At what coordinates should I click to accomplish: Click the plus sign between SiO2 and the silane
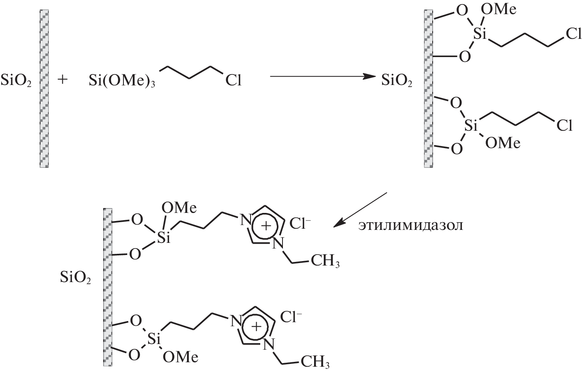[62, 80]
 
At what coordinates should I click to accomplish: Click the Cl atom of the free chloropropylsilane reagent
[233, 80]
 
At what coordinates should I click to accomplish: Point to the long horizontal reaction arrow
[323, 76]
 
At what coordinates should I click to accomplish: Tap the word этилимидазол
[410, 225]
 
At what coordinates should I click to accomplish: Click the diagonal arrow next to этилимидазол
[360, 210]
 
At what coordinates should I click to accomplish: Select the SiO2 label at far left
[16, 80]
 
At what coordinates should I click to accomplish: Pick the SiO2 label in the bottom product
[75, 277]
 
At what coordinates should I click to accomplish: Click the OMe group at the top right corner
[498, 10]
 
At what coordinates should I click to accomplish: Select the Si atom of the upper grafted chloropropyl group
[480, 34]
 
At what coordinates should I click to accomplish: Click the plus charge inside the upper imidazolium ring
[266, 225]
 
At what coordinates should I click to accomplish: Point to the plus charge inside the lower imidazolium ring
[256, 326]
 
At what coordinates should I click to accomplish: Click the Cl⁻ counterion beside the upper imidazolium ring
[300, 223]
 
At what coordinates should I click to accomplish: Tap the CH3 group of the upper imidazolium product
[325, 261]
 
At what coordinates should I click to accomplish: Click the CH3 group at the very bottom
[315, 362]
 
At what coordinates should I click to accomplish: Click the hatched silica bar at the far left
[44, 89]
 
